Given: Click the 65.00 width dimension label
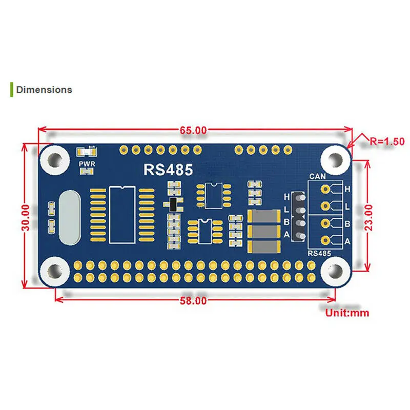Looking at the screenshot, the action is click(193, 131).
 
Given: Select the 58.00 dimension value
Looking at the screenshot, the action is click(193, 301).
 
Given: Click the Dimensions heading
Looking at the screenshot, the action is click(44, 90).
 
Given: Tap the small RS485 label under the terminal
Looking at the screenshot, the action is click(318, 253).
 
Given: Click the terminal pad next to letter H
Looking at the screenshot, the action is click(325, 189).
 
